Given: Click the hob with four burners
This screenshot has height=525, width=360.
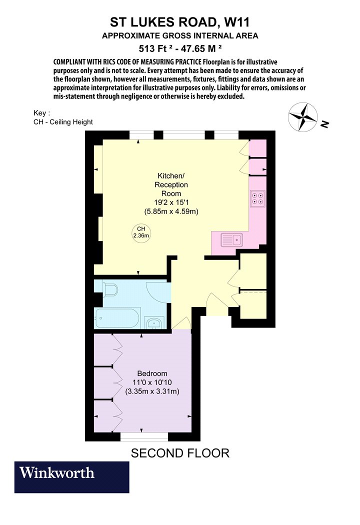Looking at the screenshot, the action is point(258,198).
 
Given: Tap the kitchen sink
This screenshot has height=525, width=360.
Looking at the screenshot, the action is point(231,240).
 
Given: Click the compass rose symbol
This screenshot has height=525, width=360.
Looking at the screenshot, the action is point(302,116).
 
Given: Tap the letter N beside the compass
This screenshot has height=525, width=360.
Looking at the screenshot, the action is point(324,124).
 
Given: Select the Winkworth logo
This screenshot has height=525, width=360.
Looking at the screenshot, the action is point(71,477).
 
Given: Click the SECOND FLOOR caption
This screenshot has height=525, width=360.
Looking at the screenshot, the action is point(180,453).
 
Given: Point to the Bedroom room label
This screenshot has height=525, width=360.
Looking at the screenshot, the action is point(152,373).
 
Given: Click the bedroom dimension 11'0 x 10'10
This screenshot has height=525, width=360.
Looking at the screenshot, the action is point(152,382).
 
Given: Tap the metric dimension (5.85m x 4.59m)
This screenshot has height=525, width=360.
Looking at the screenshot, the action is point(171,211).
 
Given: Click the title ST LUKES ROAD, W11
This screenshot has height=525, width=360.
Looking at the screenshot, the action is point(180,22).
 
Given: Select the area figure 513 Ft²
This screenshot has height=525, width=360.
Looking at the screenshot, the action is point(155,48).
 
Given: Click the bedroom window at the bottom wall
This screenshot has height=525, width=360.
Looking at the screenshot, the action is point(144,436).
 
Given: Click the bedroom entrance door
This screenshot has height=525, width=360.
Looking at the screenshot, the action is point(181,323).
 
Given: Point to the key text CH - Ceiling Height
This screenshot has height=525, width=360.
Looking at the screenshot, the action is point(63,122).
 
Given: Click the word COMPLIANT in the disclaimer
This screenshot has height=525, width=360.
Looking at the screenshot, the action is point(69,62).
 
